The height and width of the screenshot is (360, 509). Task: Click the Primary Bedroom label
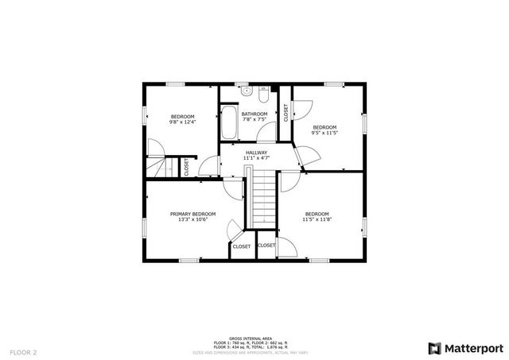pos(193,214)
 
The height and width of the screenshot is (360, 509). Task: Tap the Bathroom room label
pos(254,114)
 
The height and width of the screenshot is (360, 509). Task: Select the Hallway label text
pos(256,153)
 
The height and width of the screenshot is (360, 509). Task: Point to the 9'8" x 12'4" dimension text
pos(182,122)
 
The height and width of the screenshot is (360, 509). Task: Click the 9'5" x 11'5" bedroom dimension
pos(324,134)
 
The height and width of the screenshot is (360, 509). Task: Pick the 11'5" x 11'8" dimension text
pos(317,220)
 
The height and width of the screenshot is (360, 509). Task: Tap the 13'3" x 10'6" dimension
pos(193,220)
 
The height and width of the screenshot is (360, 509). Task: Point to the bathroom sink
pos(247,91)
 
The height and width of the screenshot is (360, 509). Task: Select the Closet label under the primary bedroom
pos(242,246)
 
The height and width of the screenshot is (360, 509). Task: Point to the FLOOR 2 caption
pos(23,350)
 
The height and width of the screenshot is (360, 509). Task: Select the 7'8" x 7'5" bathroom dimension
pos(254,120)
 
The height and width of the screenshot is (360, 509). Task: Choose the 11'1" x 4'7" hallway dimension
pos(256,159)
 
